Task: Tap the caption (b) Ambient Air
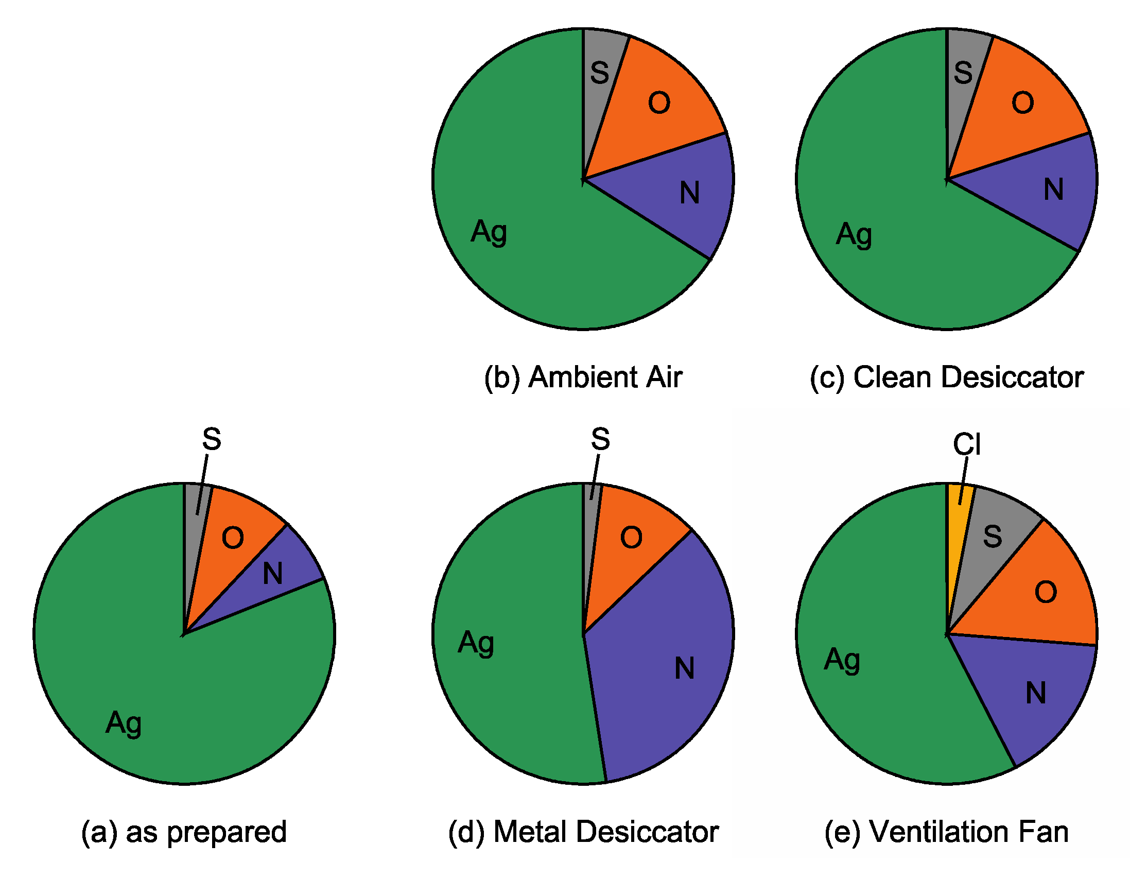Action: pyautogui.click(x=583, y=377)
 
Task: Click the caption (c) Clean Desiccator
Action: pyautogui.click(x=947, y=377)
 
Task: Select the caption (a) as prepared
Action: pyautogui.click(x=184, y=832)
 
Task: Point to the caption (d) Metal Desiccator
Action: pyautogui.click(x=583, y=832)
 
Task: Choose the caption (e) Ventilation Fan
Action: pyautogui.click(x=947, y=832)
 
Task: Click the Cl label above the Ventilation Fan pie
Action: pyautogui.click(x=966, y=444)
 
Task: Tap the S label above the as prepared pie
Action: pyautogui.click(x=212, y=439)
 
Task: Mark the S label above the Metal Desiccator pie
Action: pyautogui.click(x=600, y=439)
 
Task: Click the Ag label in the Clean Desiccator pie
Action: pyautogui.click(x=854, y=234)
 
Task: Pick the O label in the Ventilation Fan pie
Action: pyautogui.click(x=1046, y=592)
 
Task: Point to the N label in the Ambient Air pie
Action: pyautogui.click(x=690, y=193)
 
